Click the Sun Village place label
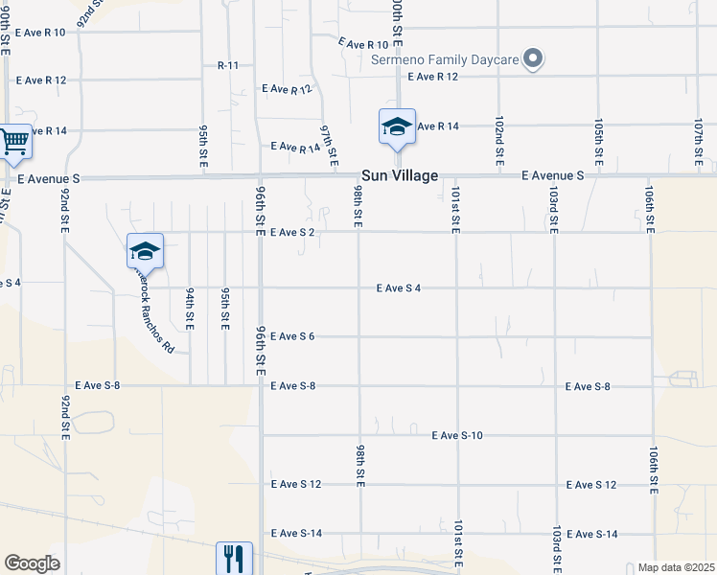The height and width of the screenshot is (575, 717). coord(400,176)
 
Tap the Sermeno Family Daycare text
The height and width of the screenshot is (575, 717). coord(445,59)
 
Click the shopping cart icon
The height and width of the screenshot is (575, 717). coord(14,143)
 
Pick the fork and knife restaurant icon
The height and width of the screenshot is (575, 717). coord(234,558)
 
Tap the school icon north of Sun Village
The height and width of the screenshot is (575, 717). coord(397,126)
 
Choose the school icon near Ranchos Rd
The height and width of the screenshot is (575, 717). coord(145,251)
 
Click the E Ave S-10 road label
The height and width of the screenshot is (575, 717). coord(456,435)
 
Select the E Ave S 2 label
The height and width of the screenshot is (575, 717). coord(292,232)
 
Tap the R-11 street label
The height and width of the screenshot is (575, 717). coord(228,65)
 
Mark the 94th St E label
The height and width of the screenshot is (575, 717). coord(191,308)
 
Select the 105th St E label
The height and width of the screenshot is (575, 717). coord(598,139)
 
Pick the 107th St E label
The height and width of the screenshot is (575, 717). coord(699,140)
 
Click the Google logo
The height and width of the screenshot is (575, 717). coord(32,563)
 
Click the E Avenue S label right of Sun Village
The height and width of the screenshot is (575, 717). coord(553,176)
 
